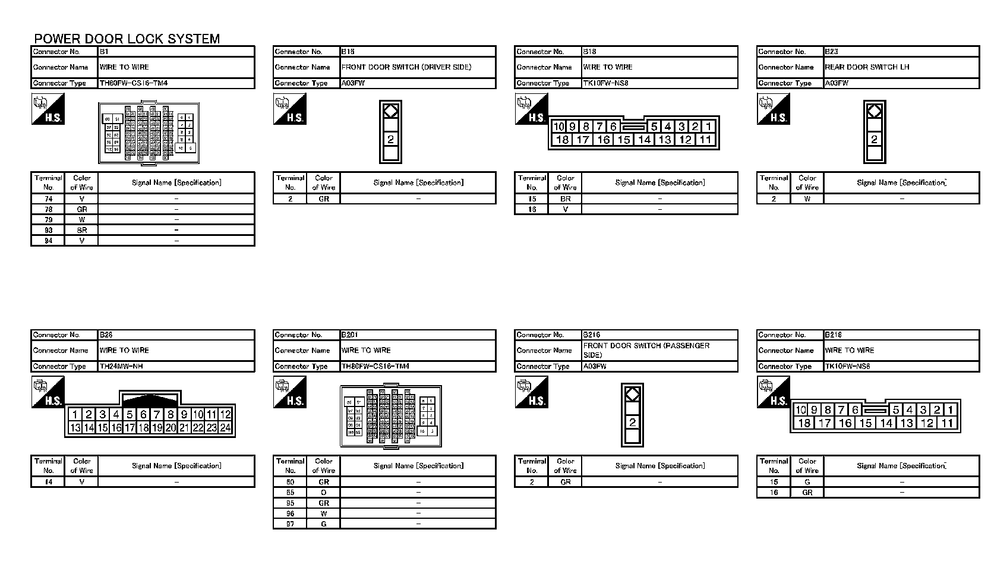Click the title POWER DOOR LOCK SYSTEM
point(127,39)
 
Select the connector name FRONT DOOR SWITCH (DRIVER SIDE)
point(406,67)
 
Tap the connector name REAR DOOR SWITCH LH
point(867,67)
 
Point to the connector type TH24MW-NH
point(121,367)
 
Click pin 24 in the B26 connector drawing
point(225,427)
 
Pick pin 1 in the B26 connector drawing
point(75,415)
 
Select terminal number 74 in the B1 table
point(49,199)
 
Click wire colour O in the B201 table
point(324,493)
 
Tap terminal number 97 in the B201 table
point(290,524)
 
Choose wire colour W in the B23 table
point(807,199)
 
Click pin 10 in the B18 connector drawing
point(558,127)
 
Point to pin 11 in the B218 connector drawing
point(948,423)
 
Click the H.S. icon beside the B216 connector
point(531,393)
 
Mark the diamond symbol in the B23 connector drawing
point(874,111)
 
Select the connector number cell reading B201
point(350,335)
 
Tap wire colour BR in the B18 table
point(565,199)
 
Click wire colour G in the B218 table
point(807,483)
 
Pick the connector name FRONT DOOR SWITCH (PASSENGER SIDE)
point(646,350)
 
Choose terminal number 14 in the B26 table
point(49,483)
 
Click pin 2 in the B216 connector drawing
point(633,423)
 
